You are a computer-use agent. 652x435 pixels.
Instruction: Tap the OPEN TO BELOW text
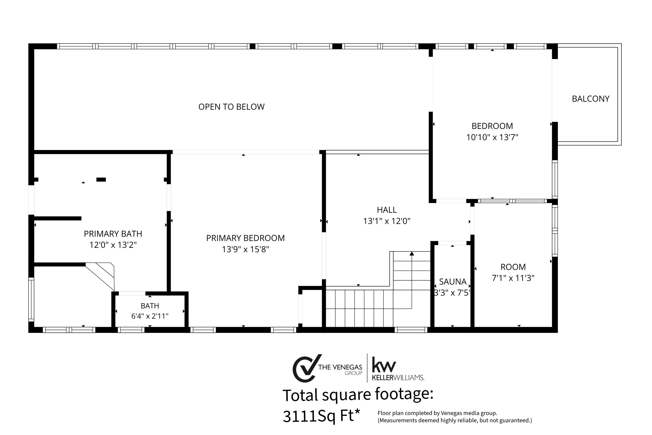click(231, 107)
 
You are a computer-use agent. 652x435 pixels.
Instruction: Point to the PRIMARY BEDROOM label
click(245, 238)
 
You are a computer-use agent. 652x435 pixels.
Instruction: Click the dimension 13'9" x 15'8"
click(245, 249)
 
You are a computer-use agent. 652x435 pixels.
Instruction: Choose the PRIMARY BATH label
click(113, 234)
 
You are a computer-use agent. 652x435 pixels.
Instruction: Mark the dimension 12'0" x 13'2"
click(113, 245)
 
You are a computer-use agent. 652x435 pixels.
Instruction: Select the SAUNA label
click(453, 282)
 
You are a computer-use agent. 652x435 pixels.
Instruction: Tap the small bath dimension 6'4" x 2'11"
click(150, 316)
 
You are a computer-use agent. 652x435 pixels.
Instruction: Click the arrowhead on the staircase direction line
click(412, 254)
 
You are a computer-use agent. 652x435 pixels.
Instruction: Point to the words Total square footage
click(358, 395)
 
